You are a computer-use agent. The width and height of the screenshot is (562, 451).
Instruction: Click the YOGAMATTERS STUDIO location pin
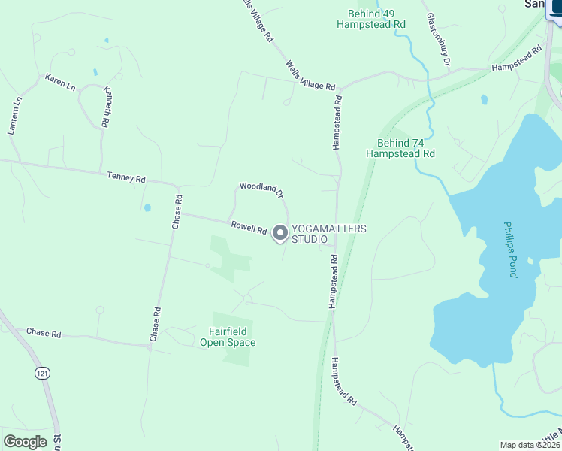pos(280,234)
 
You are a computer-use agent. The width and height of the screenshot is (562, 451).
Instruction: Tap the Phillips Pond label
pos(512,249)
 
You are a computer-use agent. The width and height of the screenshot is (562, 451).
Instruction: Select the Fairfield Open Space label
pos(228,337)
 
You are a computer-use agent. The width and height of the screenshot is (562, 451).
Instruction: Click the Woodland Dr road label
pos(261,189)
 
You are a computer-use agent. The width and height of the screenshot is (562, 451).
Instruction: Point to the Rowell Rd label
pos(249,226)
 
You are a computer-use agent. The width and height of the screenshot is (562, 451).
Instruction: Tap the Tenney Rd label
pos(126,177)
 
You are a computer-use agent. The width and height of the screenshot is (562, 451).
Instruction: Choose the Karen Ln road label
pos(60,82)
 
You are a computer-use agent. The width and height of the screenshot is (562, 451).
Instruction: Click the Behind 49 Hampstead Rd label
pos(371,19)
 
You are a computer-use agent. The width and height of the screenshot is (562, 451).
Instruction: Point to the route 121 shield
pos(41,373)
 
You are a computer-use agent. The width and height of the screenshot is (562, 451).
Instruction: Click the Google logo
pos(25,442)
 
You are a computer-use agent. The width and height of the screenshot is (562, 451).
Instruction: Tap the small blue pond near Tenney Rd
pos(147,207)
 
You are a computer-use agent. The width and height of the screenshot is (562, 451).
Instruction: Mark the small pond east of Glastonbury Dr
pos(484,99)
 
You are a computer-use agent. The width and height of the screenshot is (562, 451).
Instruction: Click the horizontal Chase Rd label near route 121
pos(43,332)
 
